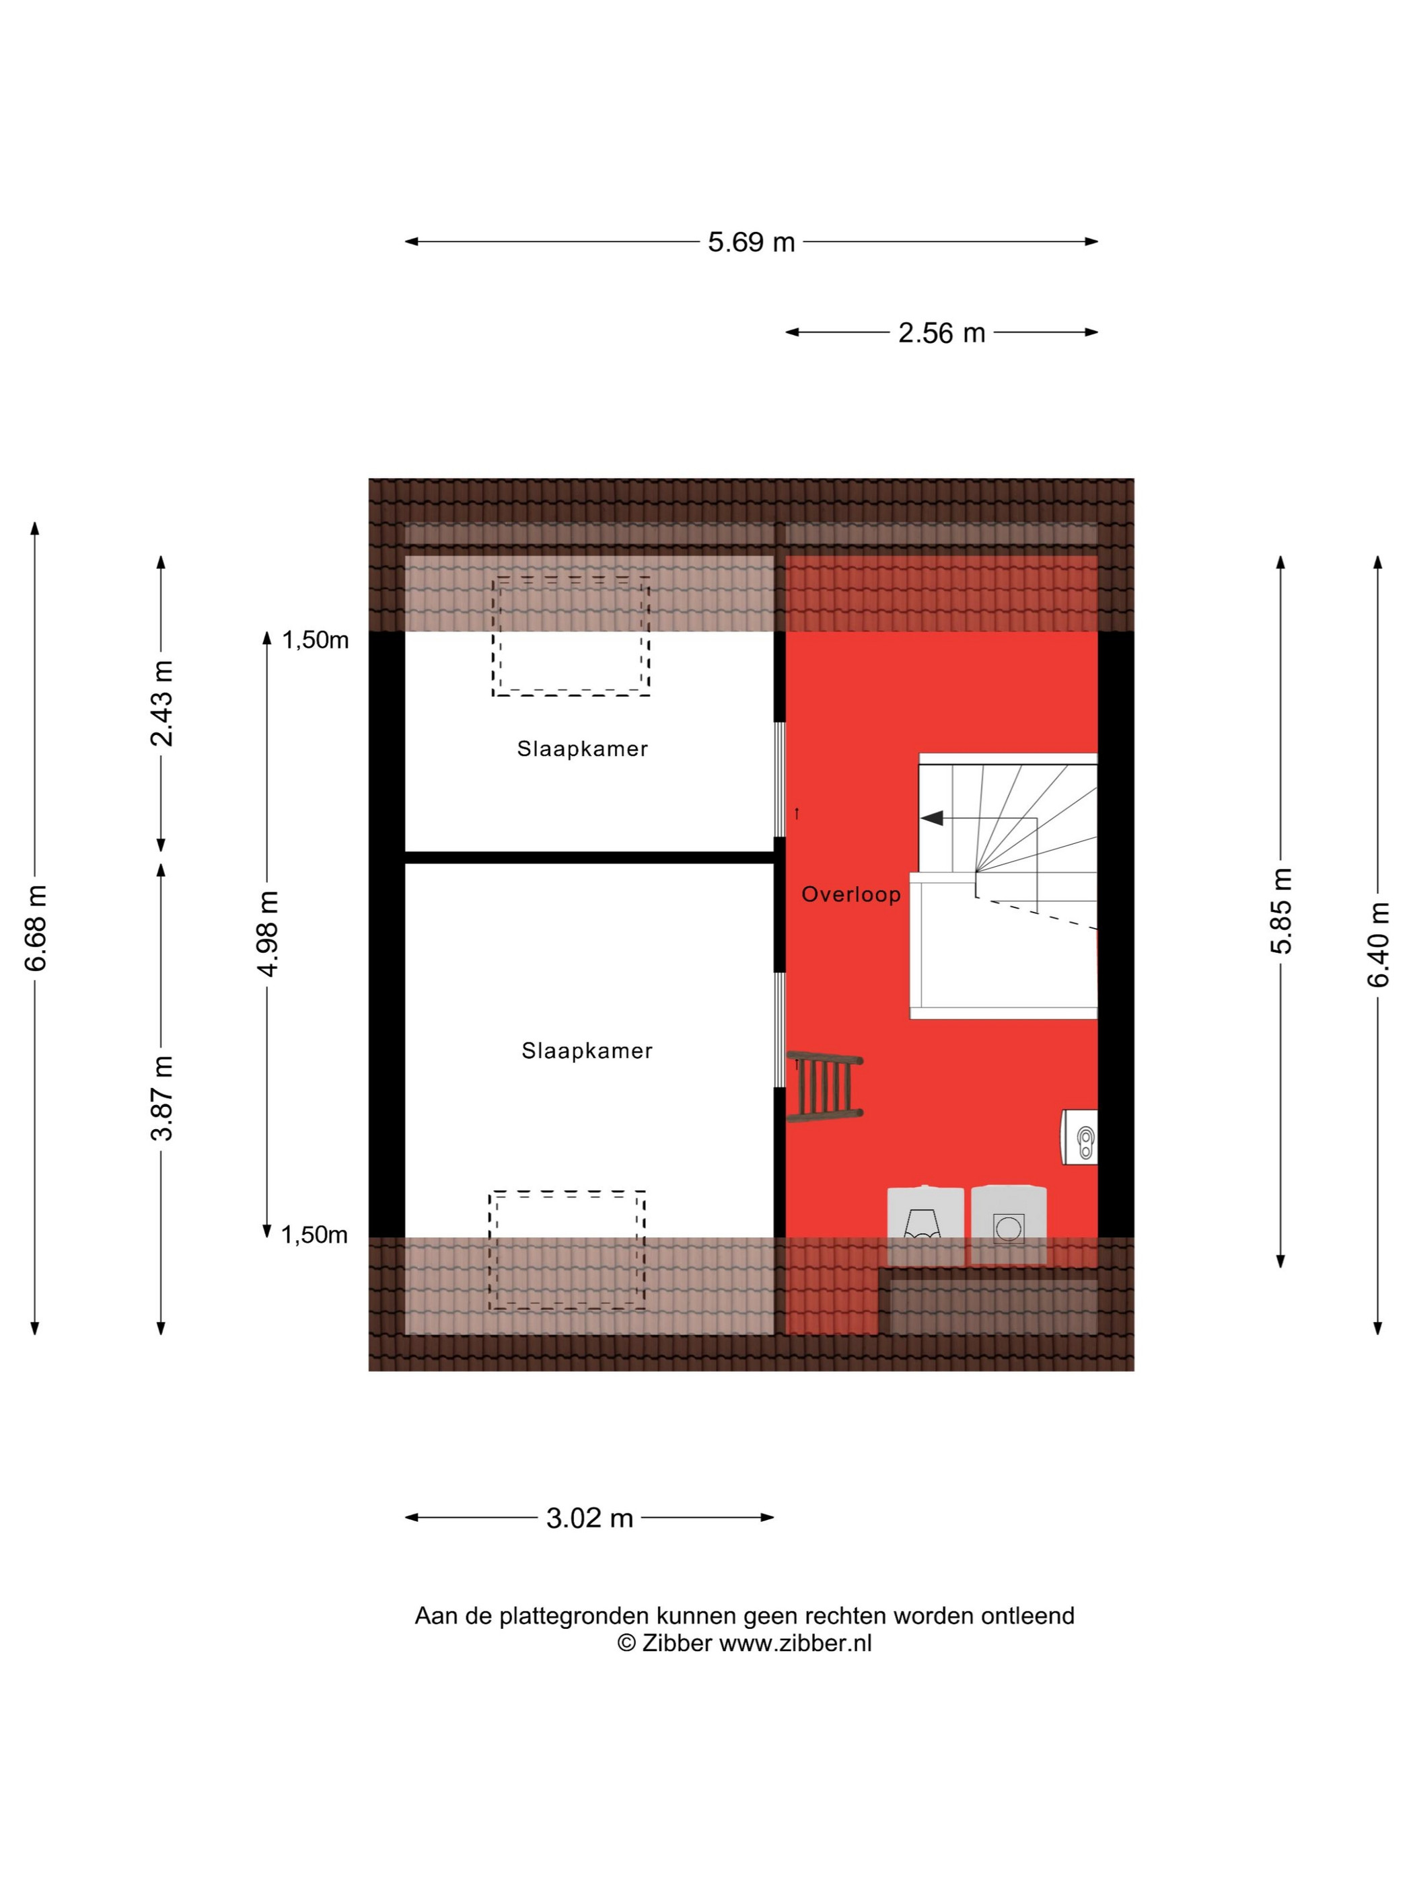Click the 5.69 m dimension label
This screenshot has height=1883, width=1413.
point(750,241)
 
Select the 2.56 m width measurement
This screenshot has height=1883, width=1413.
point(941,332)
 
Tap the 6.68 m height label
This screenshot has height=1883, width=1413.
point(35,927)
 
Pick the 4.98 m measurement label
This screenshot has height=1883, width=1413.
point(267,934)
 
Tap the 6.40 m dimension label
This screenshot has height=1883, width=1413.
point(1377,944)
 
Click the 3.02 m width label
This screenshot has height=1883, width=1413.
point(589,1517)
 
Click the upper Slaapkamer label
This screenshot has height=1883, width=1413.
point(583,749)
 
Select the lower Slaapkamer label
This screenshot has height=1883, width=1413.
point(587,1050)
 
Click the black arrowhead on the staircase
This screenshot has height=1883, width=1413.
point(932,817)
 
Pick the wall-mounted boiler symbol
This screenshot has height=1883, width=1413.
point(1079,1137)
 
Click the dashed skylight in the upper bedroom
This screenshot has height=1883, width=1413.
point(571,636)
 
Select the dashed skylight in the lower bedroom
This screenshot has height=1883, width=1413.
point(567,1250)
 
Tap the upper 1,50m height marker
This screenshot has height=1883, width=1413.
point(315,640)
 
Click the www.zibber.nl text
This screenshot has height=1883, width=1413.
point(795,1642)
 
